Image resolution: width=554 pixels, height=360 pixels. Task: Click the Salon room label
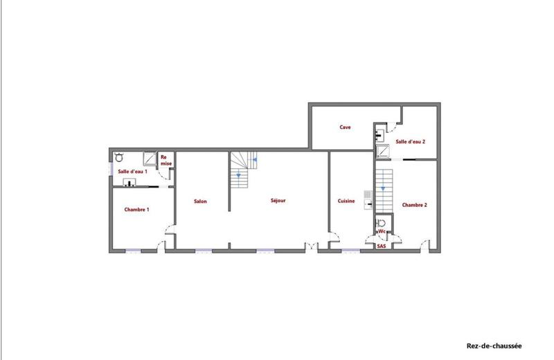(x=200, y=201)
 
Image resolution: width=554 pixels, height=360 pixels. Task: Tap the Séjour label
(x=278, y=201)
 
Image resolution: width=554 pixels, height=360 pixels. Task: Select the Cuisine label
(x=346, y=201)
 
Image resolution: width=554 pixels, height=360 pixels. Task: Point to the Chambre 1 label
(x=136, y=209)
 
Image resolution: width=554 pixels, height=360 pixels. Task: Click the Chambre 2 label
(x=414, y=205)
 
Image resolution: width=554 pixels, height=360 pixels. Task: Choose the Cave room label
(x=345, y=127)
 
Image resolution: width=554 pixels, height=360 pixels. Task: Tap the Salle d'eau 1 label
(x=132, y=171)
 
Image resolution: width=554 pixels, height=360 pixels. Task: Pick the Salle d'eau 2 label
(x=410, y=141)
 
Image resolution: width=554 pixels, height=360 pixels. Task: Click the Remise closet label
(x=166, y=161)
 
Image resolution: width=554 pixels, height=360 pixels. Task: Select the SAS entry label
(x=382, y=246)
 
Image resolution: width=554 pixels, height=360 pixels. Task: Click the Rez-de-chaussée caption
(x=494, y=345)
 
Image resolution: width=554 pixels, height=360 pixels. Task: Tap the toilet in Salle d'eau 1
(x=119, y=157)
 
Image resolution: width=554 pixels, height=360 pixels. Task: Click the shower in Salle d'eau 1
(x=150, y=157)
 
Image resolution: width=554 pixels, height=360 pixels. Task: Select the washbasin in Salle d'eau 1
(x=129, y=183)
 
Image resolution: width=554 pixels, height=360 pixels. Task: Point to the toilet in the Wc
(x=381, y=224)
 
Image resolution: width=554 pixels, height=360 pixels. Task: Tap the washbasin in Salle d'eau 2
(x=379, y=130)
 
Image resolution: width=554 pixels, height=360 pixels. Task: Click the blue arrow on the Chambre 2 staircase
(x=383, y=188)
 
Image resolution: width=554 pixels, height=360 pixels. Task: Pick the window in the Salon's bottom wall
(x=202, y=250)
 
